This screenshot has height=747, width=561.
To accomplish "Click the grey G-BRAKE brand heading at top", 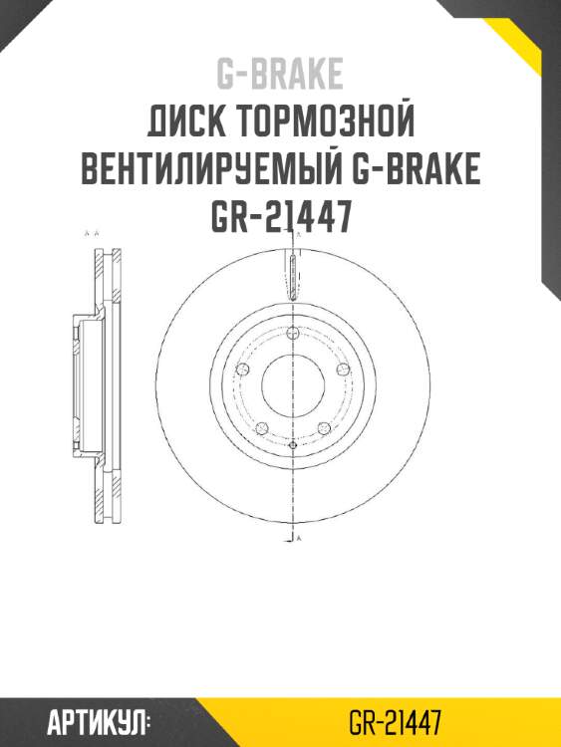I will [280, 74].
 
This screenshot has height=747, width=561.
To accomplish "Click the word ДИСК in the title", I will [184, 124].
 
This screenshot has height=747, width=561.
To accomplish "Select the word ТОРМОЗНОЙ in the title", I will [326, 124].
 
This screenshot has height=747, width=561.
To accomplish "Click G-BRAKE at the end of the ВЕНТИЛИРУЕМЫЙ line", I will [418, 169].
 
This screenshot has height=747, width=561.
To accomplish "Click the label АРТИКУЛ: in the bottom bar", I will [98, 721].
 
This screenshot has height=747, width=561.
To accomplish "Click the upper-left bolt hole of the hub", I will [242, 370].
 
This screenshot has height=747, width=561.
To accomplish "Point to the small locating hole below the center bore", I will [292, 445].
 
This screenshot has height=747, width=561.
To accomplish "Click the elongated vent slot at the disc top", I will [292, 276].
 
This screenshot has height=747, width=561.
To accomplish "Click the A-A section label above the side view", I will [93, 233].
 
